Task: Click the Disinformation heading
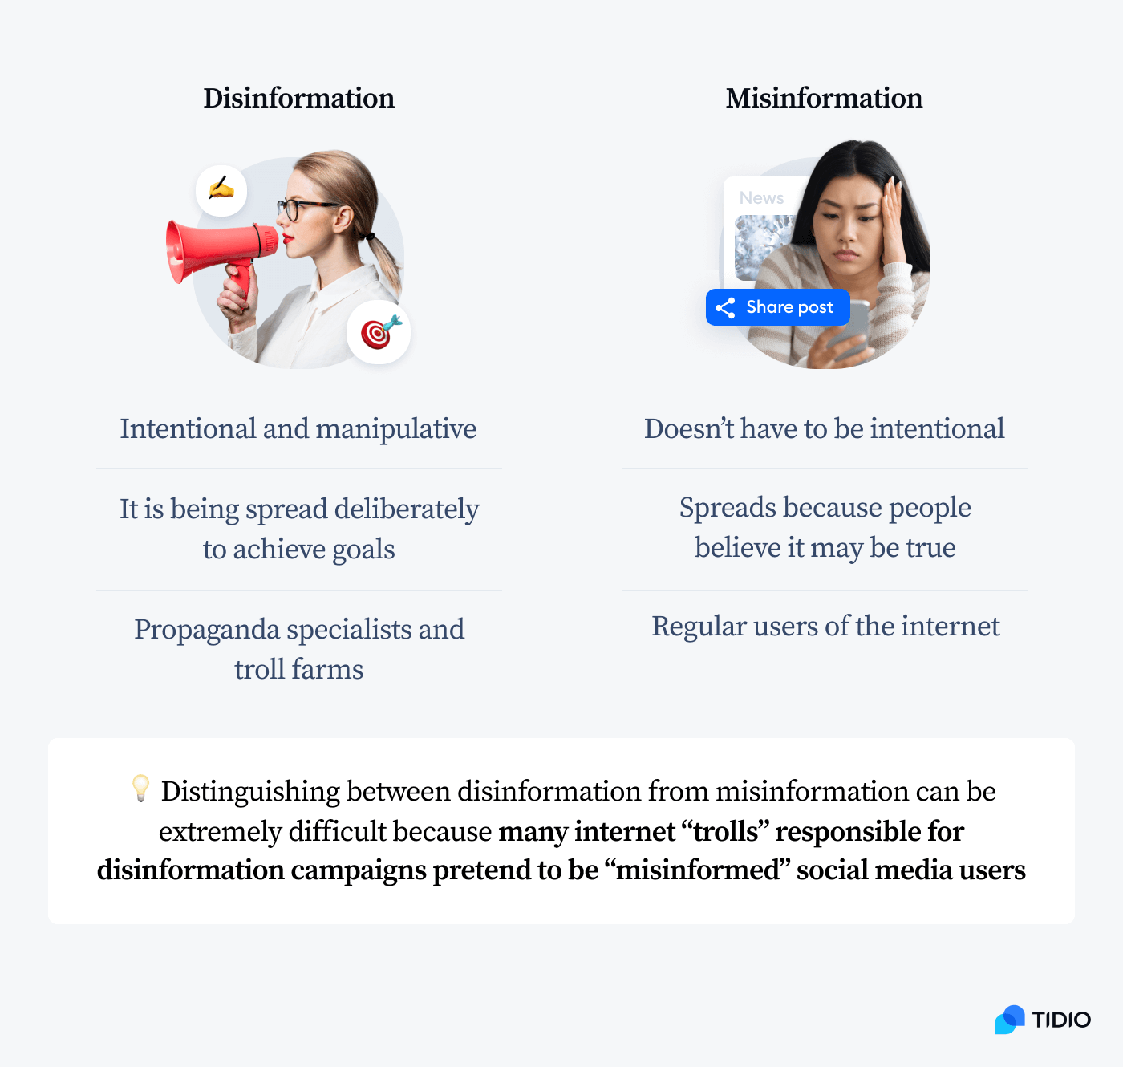point(298,98)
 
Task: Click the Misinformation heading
point(824,98)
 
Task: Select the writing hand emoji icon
point(221,190)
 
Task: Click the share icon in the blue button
point(726,308)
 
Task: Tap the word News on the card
point(761,197)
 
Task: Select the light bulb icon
point(140,788)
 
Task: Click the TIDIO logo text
point(1061,1020)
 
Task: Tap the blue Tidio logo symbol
point(1010,1020)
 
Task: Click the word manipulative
point(396,429)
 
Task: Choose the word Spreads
point(728,508)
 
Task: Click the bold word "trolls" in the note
point(726,831)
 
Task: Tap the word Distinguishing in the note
point(250,792)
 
